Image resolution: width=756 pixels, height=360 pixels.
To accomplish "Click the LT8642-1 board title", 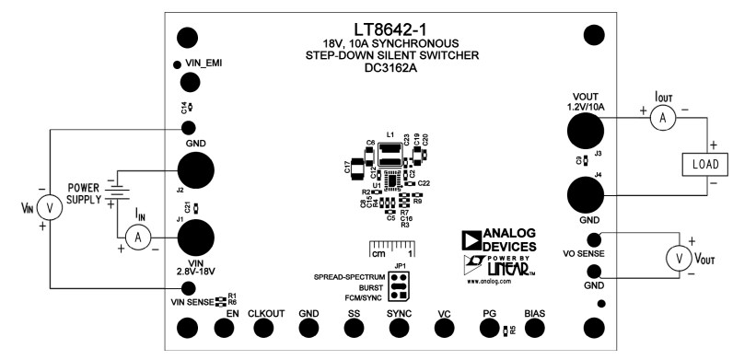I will point(387,29).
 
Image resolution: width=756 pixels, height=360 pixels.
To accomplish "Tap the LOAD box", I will point(704,165).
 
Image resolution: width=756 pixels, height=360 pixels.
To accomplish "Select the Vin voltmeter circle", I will point(51,208).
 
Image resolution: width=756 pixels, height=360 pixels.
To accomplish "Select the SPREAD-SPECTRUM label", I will point(346,275).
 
